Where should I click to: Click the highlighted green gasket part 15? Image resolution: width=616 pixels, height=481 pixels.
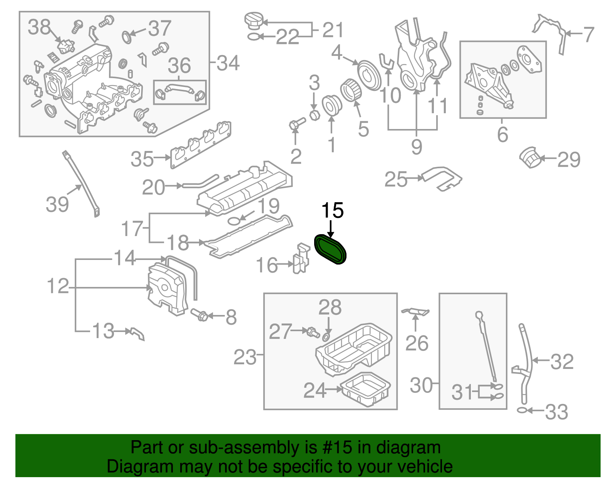[331, 250]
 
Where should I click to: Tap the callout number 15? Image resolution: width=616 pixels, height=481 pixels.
[332, 211]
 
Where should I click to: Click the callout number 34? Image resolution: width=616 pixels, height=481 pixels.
[228, 63]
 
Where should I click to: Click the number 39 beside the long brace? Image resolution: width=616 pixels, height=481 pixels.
[57, 204]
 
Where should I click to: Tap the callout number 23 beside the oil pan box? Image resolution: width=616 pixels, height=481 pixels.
[245, 357]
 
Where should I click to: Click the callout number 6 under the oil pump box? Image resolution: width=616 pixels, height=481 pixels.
[502, 134]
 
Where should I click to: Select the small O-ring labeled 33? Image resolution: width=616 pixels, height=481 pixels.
[522, 411]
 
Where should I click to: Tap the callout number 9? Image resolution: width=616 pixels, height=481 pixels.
[417, 147]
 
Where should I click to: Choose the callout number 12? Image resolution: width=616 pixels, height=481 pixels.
[58, 287]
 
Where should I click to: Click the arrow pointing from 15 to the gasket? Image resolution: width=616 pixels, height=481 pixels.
[330, 229]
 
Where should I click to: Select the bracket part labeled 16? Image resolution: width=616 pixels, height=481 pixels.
[301, 258]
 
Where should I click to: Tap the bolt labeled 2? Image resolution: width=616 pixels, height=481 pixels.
[296, 124]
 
